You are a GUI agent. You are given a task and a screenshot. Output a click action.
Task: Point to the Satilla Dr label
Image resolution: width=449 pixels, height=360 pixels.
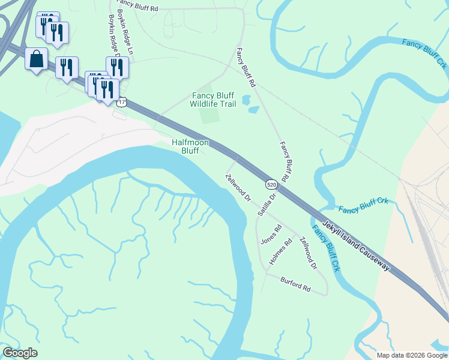coord(266,205)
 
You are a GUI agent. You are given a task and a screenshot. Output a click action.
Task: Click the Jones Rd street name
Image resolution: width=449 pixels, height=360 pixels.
coord(270,234)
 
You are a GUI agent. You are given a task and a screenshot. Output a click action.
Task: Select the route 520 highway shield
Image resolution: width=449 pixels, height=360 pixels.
coord(271,184)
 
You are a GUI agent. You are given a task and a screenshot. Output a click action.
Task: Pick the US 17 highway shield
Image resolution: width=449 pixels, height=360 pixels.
coord(122,103)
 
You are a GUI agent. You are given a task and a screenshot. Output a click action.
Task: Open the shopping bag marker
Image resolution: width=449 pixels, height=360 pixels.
coord(37,59)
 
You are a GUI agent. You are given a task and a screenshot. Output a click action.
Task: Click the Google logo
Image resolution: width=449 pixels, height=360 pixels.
coord(20,353)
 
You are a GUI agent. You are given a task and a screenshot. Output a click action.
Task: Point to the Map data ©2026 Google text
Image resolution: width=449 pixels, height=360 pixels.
coord(412,355)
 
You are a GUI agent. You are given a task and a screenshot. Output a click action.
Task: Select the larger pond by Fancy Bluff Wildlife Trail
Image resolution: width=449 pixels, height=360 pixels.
coord(246,100)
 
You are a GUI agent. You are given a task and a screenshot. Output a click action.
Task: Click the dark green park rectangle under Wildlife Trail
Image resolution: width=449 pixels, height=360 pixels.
coord(209,115)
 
